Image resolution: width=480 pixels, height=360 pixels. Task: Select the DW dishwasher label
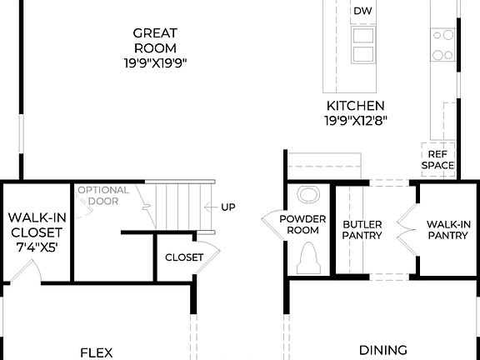pyautogui.click(x=362, y=11)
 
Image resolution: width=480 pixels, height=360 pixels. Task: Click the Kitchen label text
pyautogui.click(x=355, y=106)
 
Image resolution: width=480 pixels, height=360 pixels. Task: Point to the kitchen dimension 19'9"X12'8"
pyautogui.click(x=355, y=120)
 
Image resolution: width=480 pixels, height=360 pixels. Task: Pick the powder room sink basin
pyautogui.click(x=309, y=197)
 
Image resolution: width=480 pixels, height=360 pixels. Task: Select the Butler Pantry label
pyautogui.click(x=362, y=230)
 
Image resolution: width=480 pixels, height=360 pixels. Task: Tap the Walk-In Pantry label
pyautogui.click(x=448, y=230)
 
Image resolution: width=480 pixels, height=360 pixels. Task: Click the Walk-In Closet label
pyautogui.click(x=33, y=225)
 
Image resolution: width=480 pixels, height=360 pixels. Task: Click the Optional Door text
pyautogui.click(x=103, y=195)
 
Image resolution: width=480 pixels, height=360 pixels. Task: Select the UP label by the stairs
pyautogui.click(x=228, y=207)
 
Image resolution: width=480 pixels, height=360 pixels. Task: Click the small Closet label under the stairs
pyautogui.click(x=183, y=257)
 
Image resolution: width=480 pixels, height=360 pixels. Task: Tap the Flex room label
pyautogui.click(x=96, y=352)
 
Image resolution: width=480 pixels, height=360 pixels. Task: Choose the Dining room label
pyautogui.click(x=382, y=351)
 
